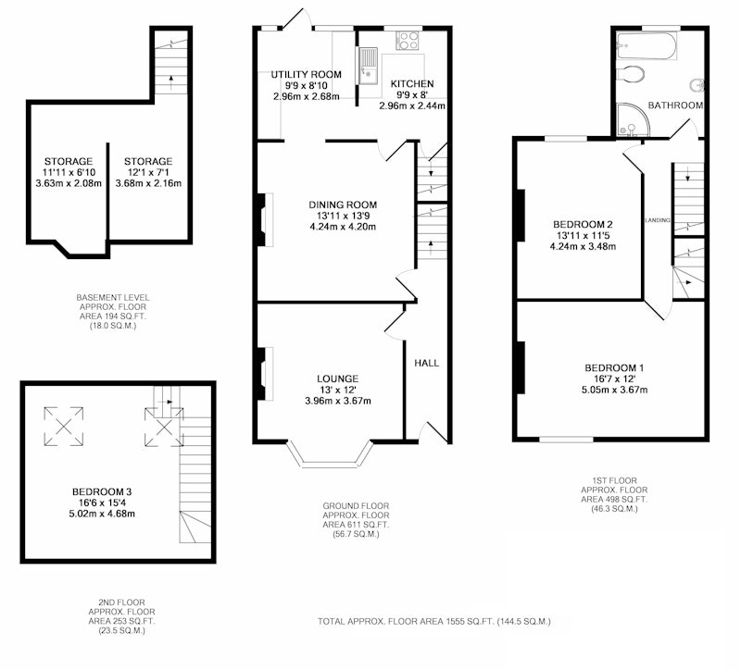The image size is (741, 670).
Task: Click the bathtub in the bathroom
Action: (647, 45)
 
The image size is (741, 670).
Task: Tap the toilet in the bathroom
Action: (631, 74)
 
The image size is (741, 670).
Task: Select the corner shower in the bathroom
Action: (634, 119)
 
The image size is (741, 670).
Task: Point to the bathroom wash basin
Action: (697, 85)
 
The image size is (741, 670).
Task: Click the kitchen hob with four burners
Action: (408, 41)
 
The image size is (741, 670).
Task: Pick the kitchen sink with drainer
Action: (368, 66)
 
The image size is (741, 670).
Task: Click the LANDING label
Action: (658, 220)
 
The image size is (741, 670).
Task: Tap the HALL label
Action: (427, 363)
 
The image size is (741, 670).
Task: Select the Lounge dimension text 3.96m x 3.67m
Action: (338, 401)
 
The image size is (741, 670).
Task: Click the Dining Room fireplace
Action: (265, 219)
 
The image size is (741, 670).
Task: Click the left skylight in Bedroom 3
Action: (64, 427)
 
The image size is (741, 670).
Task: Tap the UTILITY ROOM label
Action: (307, 74)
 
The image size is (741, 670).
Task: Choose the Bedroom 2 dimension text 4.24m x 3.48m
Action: (583, 246)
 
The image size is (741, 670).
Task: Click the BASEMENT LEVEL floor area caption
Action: (113, 312)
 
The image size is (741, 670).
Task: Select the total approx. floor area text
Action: (433, 621)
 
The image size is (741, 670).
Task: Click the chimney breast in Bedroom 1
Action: (521, 367)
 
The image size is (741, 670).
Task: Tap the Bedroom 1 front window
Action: (566, 440)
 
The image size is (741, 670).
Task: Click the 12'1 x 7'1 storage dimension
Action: (148, 172)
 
